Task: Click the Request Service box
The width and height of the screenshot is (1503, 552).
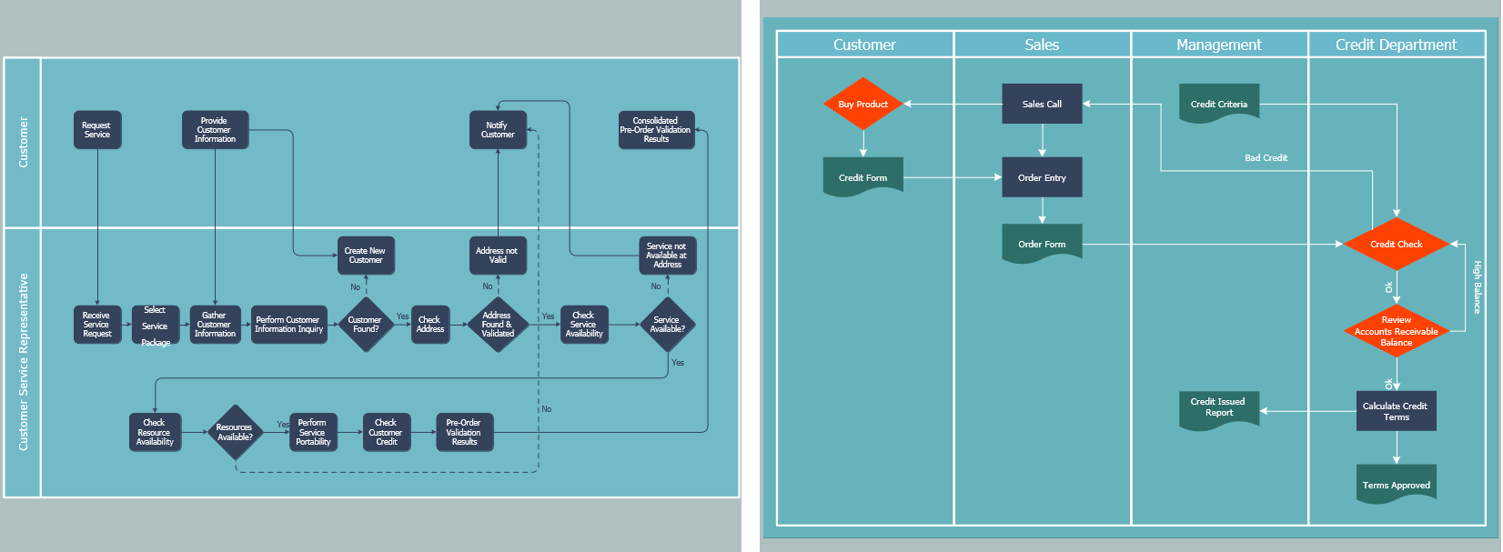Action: click(x=97, y=130)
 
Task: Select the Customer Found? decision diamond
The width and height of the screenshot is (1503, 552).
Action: click(x=365, y=325)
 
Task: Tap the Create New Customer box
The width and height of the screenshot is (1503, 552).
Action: click(x=365, y=256)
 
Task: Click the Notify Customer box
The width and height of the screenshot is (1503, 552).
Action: click(x=498, y=130)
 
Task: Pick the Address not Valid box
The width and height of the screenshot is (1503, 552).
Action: click(x=498, y=256)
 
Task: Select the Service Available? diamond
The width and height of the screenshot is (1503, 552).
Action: click(x=667, y=325)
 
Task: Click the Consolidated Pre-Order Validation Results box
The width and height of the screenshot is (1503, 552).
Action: click(x=656, y=130)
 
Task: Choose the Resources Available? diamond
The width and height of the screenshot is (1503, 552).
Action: click(x=235, y=432)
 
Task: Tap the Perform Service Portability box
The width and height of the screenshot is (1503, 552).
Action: click(x=313, y=432)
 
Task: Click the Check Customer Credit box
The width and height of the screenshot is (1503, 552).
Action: click(x=387, y=432)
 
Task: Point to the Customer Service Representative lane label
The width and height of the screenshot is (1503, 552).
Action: click(x=23, y=362)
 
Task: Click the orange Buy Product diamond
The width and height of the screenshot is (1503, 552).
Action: click(x=862, y=104)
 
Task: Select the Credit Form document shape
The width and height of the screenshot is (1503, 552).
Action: click(x=862, y=176)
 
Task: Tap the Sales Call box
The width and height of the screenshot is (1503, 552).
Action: click(x=1042, y=104)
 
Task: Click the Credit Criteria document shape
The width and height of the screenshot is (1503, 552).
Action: click(x=1219, y=103)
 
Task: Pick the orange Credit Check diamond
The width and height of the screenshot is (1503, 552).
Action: click(x=1396, y=244)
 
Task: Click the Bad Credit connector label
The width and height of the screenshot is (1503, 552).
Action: click(x=1266, y=158)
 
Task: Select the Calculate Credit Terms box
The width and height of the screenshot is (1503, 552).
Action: click(x=1396, y=411)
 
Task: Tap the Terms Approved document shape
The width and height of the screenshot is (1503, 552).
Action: click(x=1396, y=483)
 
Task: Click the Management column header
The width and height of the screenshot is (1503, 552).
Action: click(x=1218, y=45)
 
